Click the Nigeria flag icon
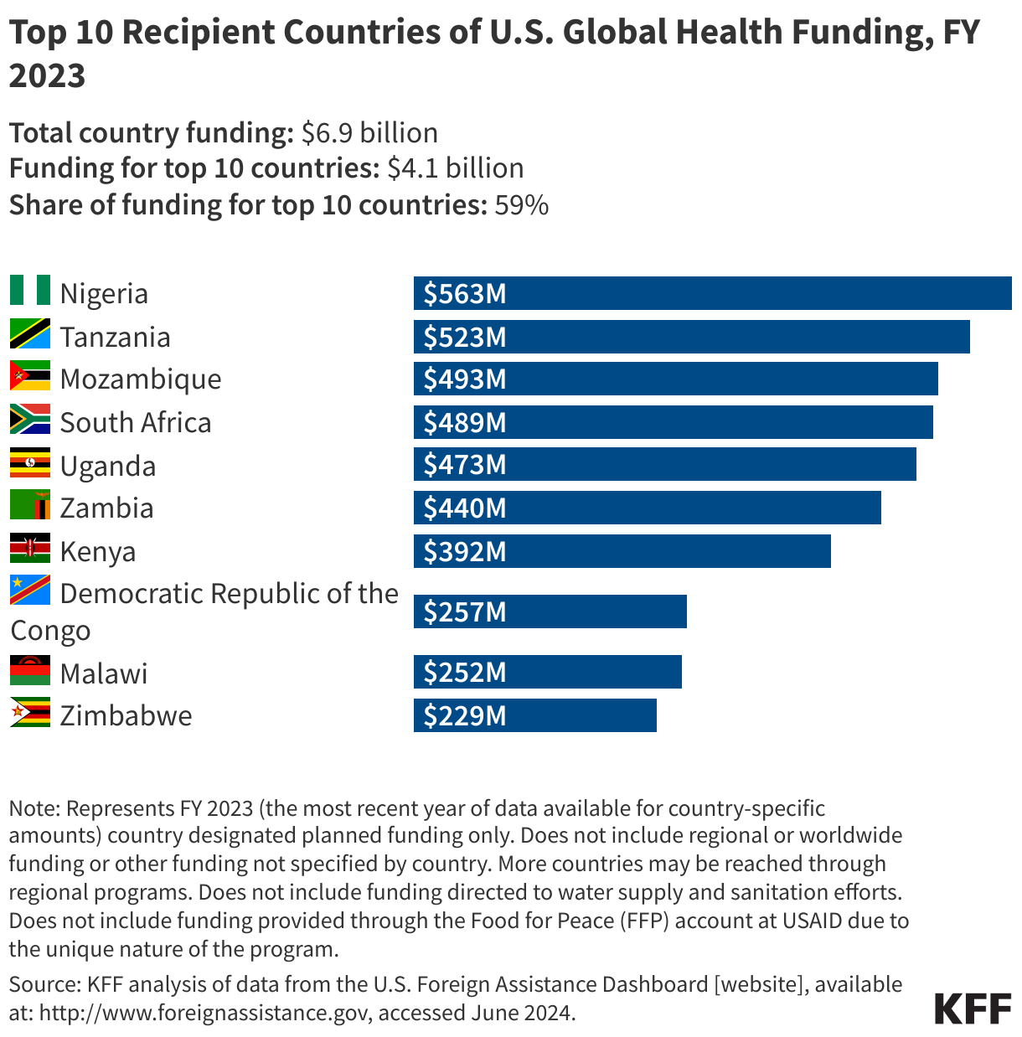pos(30,291)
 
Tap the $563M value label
pos(465,294)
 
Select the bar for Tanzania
pos(691,337)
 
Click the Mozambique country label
pos(141,379)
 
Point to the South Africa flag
pos(30,420)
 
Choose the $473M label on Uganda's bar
pos(465,465)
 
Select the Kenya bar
pos(622,551)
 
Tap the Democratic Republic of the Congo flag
pos(30,591)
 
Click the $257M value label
pos(465,612)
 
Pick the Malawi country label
pos(104,673)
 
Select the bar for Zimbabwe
pos(534,716)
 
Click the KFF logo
pos(973,1009)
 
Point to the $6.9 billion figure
pos(369,133)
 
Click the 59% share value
pos(521,205)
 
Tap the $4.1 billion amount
pos(455,168)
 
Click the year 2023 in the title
pos(48,75)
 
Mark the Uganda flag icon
pos(30,463)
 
